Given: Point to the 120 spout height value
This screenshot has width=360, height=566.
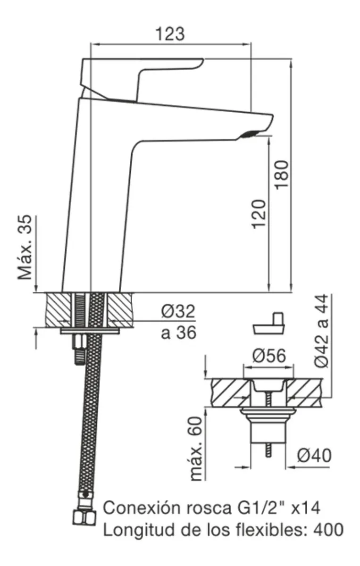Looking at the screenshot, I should pyautogui.click(x=259, y=214).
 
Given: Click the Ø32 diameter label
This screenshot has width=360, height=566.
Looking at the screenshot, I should pyautogui.click(x=177, y=312).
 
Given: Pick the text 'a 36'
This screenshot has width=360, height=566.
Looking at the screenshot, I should pyautogui.click(x=178, y=333).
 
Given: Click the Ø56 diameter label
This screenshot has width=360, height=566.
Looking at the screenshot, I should pyautogui.click(x=269, y=356).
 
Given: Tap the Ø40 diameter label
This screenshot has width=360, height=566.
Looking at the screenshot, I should pyautogui.click(x=314, y=456).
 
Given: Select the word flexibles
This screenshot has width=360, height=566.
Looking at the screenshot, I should pyautogui.click(x=268, y=529).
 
